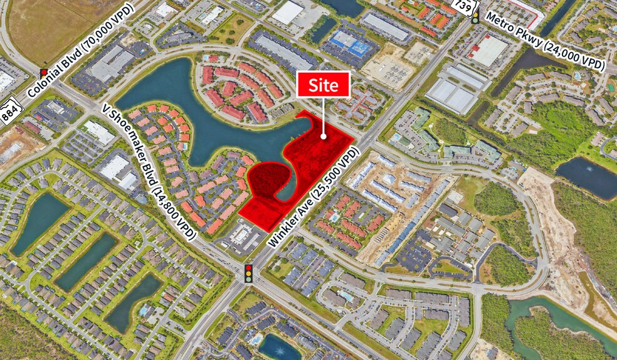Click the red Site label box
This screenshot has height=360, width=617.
coord(323,84)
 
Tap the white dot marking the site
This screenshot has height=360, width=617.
coord(324,135)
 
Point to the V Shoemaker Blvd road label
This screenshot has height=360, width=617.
coord(149,169)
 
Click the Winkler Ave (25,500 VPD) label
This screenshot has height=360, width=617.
coord(312,197)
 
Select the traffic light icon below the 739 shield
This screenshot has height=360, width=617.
coord(475,17)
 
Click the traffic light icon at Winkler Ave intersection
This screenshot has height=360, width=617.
coord(249,273)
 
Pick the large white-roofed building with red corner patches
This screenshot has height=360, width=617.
coord(487,50)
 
